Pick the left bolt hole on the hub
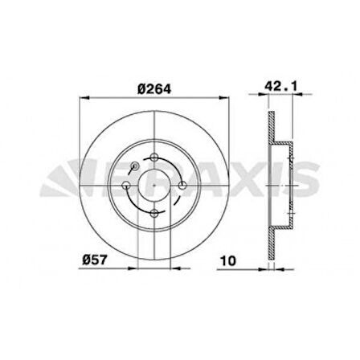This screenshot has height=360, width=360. (127, 186)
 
